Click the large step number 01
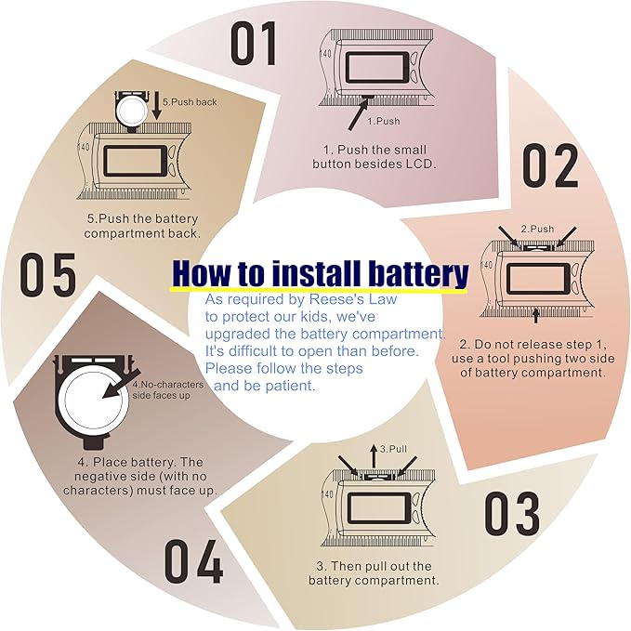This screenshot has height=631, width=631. [x=254, y=44]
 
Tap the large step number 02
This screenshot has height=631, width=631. [x=550, y=165]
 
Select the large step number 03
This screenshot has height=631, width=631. [x=511, y=514]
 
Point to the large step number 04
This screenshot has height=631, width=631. [x=193, y=561]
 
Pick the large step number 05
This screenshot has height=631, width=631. [x=48, y=274]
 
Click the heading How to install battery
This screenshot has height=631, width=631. [x=321, y=273]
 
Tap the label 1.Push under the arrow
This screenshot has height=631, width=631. [x=384, y=121]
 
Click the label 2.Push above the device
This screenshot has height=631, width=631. [x=537, y=229]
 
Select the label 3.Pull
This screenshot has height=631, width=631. [x=394, y=449]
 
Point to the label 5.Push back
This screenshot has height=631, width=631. [x=190, y=102]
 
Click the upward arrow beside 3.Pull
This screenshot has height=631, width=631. [x=374, y=456]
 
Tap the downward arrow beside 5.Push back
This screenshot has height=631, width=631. [x=157, y=106]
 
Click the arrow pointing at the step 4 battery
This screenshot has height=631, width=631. [x=121, y=384]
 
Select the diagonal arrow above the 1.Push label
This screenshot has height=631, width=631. [x=358, y=114]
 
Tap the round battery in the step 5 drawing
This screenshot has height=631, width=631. [x=131, y=109]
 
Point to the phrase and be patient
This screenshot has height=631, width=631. [x=265, y=386]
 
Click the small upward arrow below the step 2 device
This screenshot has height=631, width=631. [x=535, y=315]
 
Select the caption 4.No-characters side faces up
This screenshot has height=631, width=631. [x=168, y=390]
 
